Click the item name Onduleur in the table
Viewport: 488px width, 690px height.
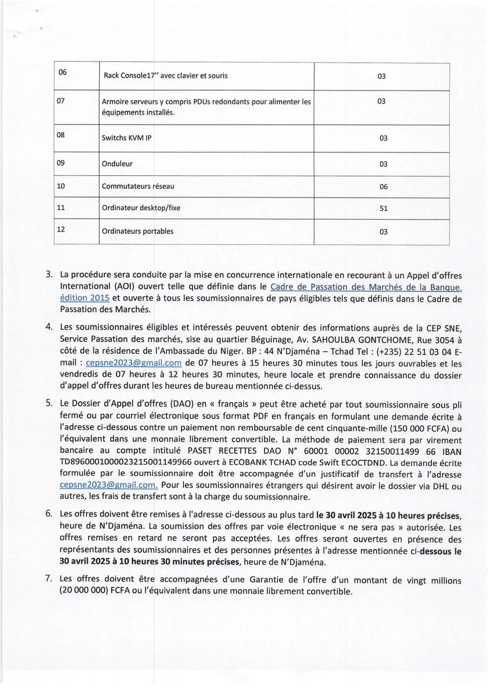click(x=117, y=165)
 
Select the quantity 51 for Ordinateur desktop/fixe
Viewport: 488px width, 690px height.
click(x=383, y=209)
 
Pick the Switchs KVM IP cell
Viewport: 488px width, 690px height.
click(x=127, y=138)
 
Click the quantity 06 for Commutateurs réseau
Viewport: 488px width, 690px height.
click(x=383, y=187)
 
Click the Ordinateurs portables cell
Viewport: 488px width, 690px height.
click(x=137, y=231)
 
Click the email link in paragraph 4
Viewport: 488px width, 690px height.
click(x=134, y=363)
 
